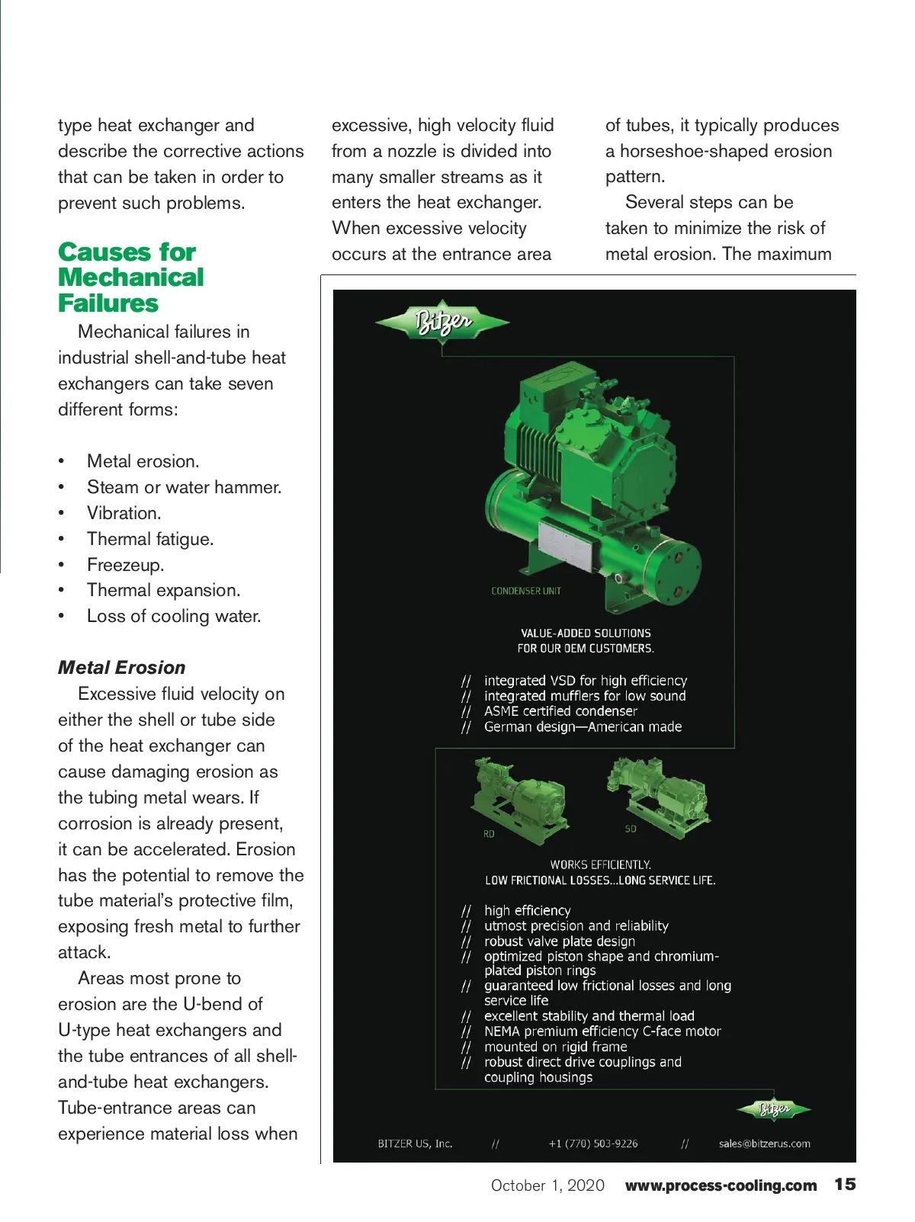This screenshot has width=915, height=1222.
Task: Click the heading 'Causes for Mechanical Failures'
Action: (130, 277)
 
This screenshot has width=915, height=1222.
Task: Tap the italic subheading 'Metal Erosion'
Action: (122, 668)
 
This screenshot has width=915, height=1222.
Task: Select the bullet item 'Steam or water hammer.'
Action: (184, 487)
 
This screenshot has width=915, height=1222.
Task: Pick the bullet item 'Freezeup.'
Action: (125, 565)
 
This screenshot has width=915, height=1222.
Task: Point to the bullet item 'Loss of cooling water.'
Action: (174, 616)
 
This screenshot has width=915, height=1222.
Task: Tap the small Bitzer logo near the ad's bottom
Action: (773, 1109)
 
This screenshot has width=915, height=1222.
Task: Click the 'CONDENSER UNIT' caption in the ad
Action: (526, 591)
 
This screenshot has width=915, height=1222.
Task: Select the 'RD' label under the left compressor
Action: (489, 834)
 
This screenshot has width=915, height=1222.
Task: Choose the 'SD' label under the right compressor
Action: (631, 829)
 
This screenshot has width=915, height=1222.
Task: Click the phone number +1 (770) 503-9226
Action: (593, 1143)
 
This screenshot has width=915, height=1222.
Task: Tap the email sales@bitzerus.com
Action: (764, 1143)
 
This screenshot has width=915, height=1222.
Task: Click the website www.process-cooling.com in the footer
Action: (721, 1185)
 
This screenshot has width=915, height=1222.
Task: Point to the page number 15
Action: (845, 1185)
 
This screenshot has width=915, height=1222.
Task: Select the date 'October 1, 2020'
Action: (547, 1185)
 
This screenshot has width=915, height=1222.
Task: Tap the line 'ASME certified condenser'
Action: (560, 711)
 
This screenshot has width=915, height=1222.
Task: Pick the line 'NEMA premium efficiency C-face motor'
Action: (602, 1031)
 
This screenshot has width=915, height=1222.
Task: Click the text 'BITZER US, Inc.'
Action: (415, 1143)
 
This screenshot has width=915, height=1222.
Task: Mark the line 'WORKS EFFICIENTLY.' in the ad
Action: (601, 864)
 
